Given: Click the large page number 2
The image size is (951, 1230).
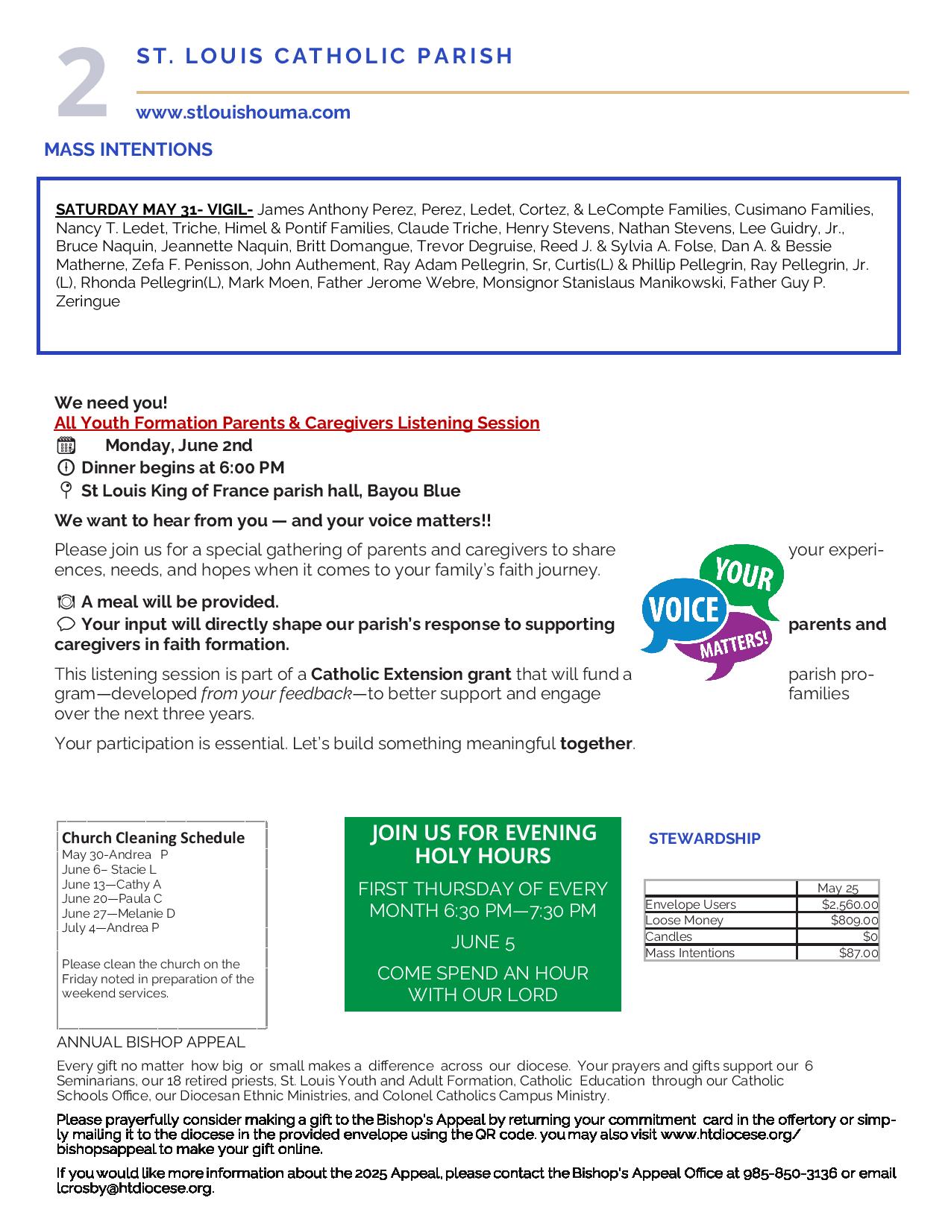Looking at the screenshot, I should tap(83, 83).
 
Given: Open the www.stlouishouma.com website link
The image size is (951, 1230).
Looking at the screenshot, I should tap(242, 113).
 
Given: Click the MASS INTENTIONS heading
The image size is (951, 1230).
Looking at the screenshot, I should tap(128, 150).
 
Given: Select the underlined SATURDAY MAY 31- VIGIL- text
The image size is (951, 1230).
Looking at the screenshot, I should tap(154, 209).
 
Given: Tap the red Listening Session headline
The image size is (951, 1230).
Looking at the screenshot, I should tap(297, 423).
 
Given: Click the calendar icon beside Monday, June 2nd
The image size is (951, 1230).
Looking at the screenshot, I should tap(66, 446).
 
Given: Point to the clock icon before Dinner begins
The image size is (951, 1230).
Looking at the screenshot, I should tap(66, 468).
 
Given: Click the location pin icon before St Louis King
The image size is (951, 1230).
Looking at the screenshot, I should tap(66, 491).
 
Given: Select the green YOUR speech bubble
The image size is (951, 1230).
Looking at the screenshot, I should tap(742, 574).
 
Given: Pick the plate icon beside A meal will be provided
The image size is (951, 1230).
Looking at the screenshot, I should tap(66, 602).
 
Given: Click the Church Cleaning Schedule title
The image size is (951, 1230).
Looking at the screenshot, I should tap(153, 838).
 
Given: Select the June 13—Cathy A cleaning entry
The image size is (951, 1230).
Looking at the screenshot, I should tap(111, 884).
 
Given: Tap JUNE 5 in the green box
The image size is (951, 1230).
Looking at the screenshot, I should tap(483, 942).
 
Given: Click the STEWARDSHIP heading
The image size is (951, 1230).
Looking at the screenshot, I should tap(704, 839).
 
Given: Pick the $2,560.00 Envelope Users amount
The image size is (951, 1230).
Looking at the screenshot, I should tap(849, 904).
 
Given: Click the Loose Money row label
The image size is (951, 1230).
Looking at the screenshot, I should tap(684, 921).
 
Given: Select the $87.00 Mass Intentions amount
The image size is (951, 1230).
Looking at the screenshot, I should tap(858, 953).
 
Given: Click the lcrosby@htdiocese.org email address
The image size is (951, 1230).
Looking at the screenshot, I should tap(134, 1188).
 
